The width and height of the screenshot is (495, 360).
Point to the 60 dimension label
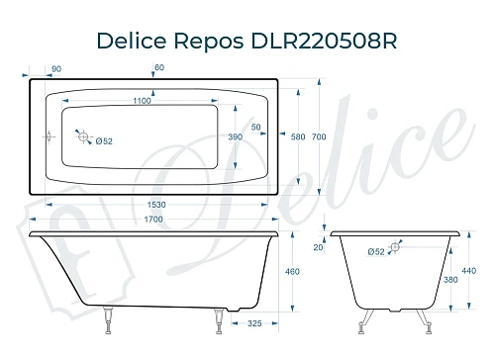click(x=159, y=67)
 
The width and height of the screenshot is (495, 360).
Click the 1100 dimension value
click(x=143, y=102)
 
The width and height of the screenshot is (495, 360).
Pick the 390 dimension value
click(x=236, y=136)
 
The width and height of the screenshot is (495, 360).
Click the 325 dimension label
click(x=255, y=323)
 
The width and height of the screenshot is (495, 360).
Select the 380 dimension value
click(x=449, y=279)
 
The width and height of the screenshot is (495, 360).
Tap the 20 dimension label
click(x=317, y=247)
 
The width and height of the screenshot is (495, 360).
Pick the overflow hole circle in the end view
click(x=395, y=251)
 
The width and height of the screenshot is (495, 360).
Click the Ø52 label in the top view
click(x=103, y=140)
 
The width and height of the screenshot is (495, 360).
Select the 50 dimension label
click(x=255, y=129)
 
